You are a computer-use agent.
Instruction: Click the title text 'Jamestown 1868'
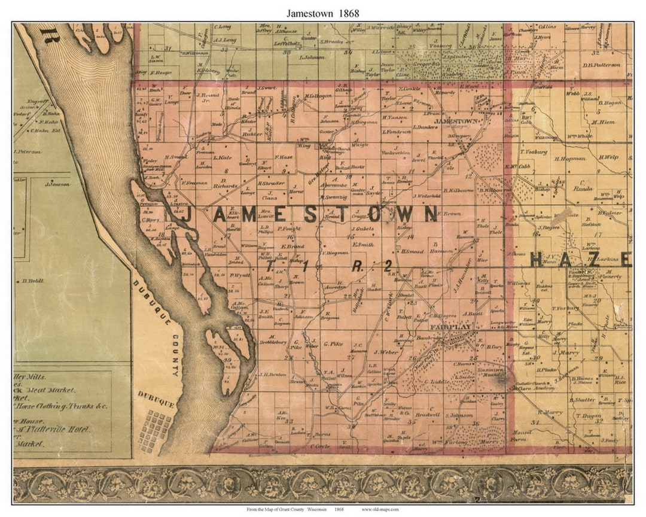pyautogui.click(x=323, y=12)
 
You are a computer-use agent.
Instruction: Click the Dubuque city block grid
pyautogui.click(x=154, y=429)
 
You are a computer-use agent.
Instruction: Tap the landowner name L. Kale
pyautogui.click(x=224, y=157)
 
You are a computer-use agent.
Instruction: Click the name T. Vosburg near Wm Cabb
pyautogui.click(x=534, y=152)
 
